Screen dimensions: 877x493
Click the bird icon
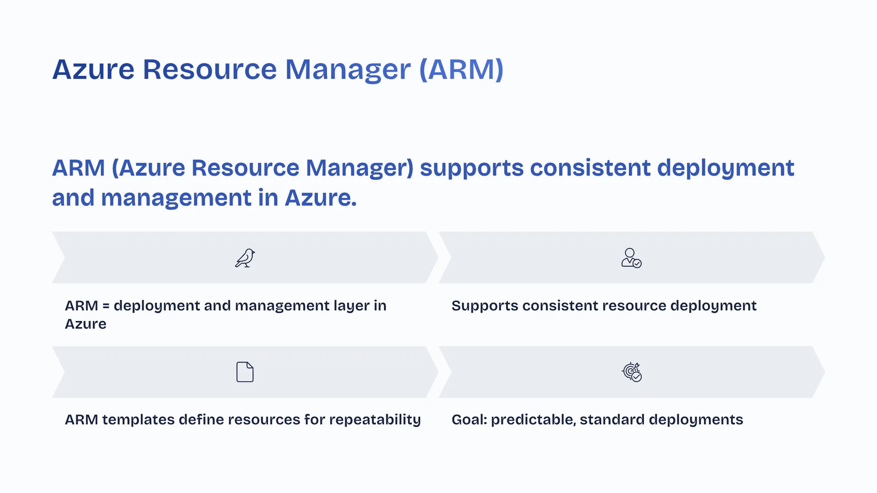tap(245, 258)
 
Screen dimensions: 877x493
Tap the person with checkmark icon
tap(631, 258)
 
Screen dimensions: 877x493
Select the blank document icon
tap(245, 372)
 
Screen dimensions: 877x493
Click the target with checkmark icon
tap(632, 372)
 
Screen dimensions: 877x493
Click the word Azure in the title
tap(93, 69)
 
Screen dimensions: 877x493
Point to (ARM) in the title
tap(461, 69)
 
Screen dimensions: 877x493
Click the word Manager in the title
tap(348, 70)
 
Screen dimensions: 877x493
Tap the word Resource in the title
tap(210, 69)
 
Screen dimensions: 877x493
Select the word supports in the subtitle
tap(471, 168)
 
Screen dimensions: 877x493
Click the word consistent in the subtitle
tap(590, 168)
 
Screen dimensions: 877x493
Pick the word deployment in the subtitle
tap(726, 168)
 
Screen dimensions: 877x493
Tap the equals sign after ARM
tap(106, 306)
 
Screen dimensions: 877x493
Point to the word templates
tap(138, 420)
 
